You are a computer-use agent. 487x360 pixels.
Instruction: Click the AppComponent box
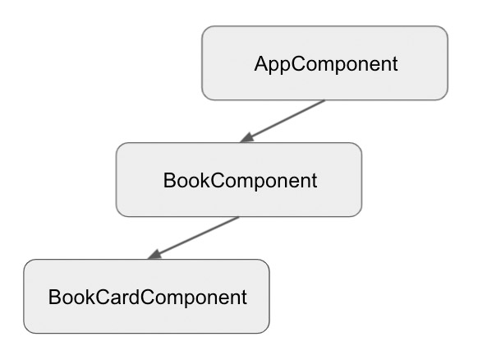tap(324, 63)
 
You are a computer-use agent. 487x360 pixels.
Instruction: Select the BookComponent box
tap(239, 180)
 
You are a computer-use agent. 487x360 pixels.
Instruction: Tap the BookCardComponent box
tap(146, 296)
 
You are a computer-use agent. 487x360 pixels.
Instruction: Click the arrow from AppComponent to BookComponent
tap(283, 122)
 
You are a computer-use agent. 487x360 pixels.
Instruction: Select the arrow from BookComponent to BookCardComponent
tap(194, 238)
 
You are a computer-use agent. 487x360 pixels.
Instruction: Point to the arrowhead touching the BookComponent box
tap(246, 138)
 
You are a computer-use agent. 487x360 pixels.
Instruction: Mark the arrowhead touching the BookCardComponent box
tap(154, 255)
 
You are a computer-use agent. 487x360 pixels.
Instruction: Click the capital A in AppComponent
tap(261, 64)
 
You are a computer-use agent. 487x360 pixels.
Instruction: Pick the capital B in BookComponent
tap(169, 180)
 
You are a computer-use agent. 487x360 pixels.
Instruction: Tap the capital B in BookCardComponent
tap(54, 297)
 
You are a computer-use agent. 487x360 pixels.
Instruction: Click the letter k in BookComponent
tap(206, 180)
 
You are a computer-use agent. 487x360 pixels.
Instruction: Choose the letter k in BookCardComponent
tap(91, 297)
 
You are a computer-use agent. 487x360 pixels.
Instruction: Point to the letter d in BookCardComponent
tap(134, 297)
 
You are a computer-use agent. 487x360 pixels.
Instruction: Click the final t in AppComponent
tap(395, 64)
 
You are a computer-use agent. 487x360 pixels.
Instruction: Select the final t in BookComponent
tap(314, 181)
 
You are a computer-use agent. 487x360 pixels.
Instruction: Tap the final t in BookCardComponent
tap(244, 298)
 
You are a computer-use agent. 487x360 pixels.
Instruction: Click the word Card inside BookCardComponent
tap(117, 297)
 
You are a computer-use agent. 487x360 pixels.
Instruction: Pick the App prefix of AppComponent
tap(273, 65)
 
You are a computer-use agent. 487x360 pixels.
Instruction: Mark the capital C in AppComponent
tap(298, 64)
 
